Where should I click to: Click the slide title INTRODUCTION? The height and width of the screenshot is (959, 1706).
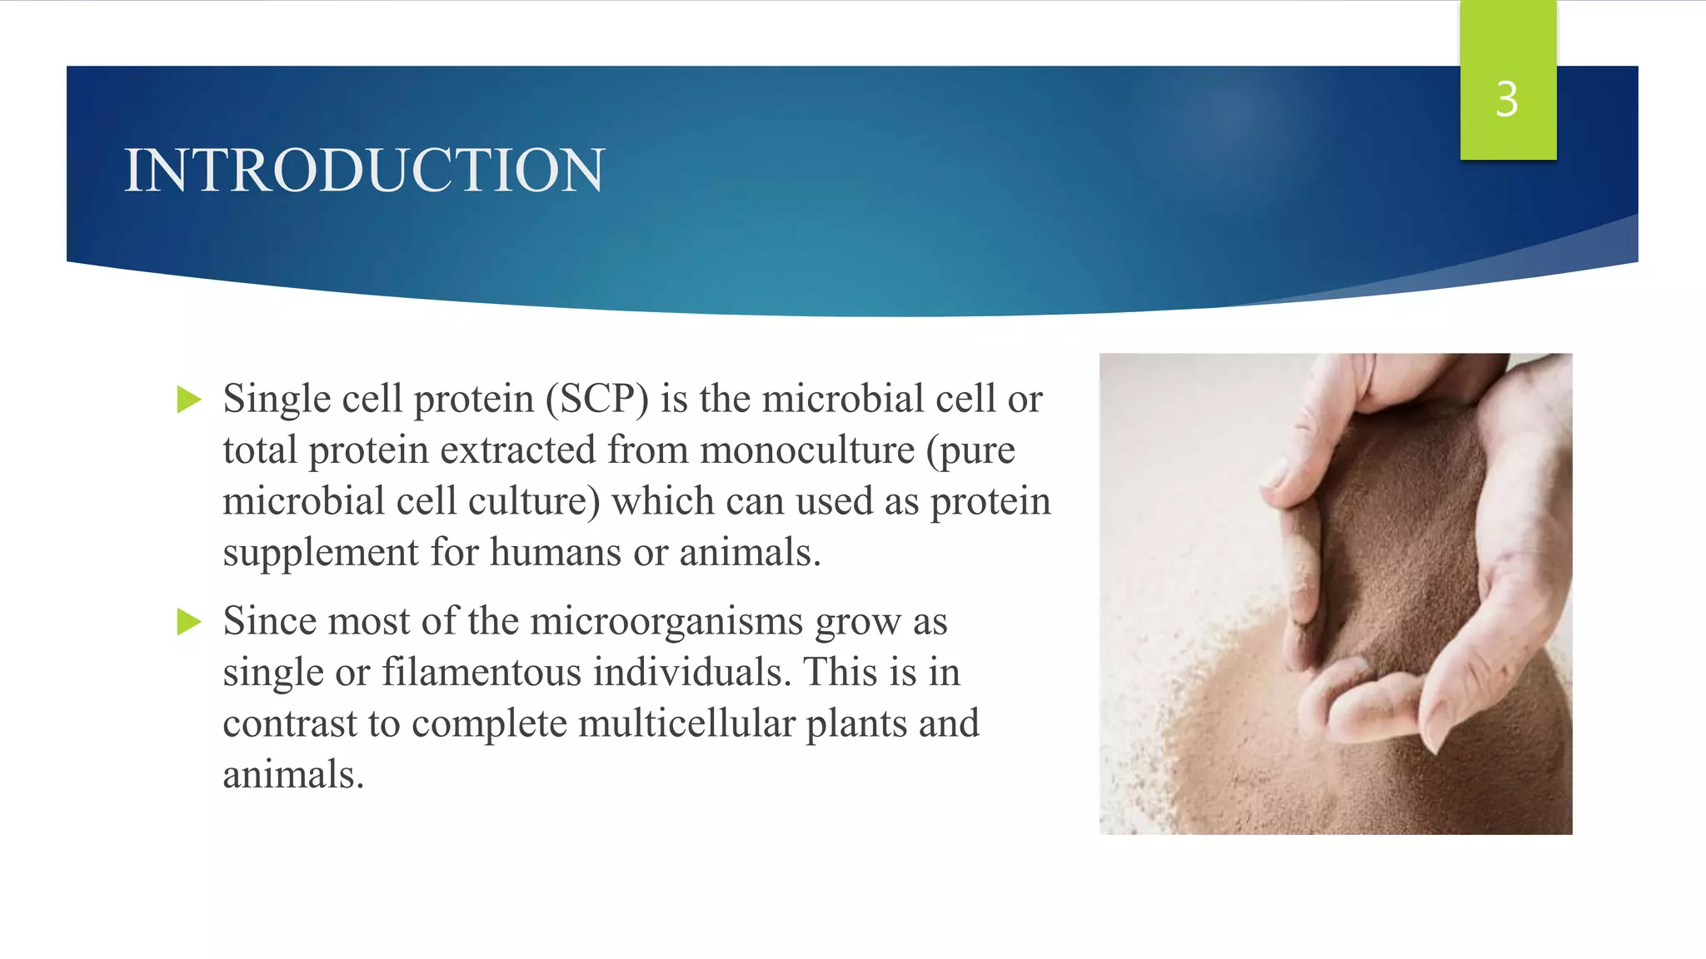click(x=364, y=171)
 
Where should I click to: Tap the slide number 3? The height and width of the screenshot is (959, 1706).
click(x=1506, y=99)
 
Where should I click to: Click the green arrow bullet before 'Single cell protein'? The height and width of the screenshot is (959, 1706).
click(x=189, y=400)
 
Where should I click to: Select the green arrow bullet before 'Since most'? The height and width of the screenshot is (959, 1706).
click(x=189, y=621)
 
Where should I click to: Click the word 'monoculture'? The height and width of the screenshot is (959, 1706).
click(x=807, y=450)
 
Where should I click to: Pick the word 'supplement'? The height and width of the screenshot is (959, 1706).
click(x=320, y=553)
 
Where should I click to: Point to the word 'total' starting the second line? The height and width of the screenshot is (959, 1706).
click(x=260, y=450)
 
